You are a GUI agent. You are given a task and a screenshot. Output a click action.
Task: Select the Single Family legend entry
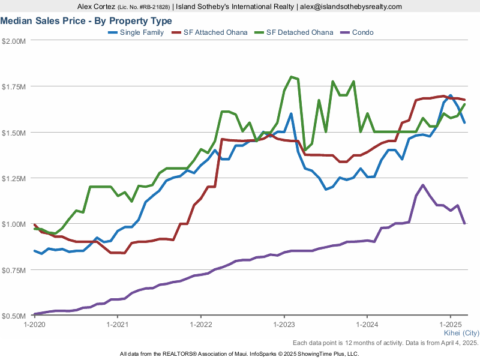point(142,32)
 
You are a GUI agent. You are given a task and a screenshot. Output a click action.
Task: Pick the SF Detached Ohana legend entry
point(299,32)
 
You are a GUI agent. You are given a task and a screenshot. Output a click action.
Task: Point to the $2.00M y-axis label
point(14,41)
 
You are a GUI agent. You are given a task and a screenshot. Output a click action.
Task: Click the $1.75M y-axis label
point(14,86)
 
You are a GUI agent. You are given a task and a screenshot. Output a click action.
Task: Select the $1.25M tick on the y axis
point(14,178)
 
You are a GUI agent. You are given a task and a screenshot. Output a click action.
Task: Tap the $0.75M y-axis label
point(14,270)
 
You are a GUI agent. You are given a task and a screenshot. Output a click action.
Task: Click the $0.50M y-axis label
point(14,316)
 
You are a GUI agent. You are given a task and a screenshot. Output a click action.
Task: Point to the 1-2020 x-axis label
point(34,325)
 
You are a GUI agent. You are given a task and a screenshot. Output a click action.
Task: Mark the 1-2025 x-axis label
point(451,325)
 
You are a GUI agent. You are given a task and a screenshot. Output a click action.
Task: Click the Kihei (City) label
point(461,332)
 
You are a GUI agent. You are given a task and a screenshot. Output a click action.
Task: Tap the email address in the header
point(351,7)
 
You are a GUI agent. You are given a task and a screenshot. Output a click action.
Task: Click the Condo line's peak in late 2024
point(423,185)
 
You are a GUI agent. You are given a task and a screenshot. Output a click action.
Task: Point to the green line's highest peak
point(291,77)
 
